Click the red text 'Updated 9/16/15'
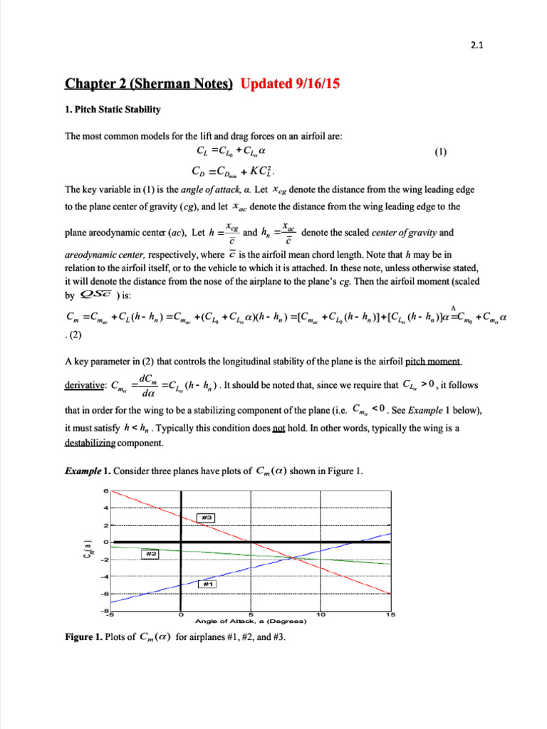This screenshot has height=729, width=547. tap(290, 84)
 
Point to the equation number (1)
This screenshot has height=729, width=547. tap(441, 151)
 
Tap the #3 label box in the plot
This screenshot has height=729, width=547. tap(205, 517)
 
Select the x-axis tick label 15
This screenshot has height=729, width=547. tap(390, 614)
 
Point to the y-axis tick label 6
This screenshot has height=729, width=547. tap(105, 491)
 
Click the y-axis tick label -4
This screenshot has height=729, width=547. tap(104, 577)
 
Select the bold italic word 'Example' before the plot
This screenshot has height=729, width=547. tap(83, 470)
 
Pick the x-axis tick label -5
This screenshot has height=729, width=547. tap(110, 614)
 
